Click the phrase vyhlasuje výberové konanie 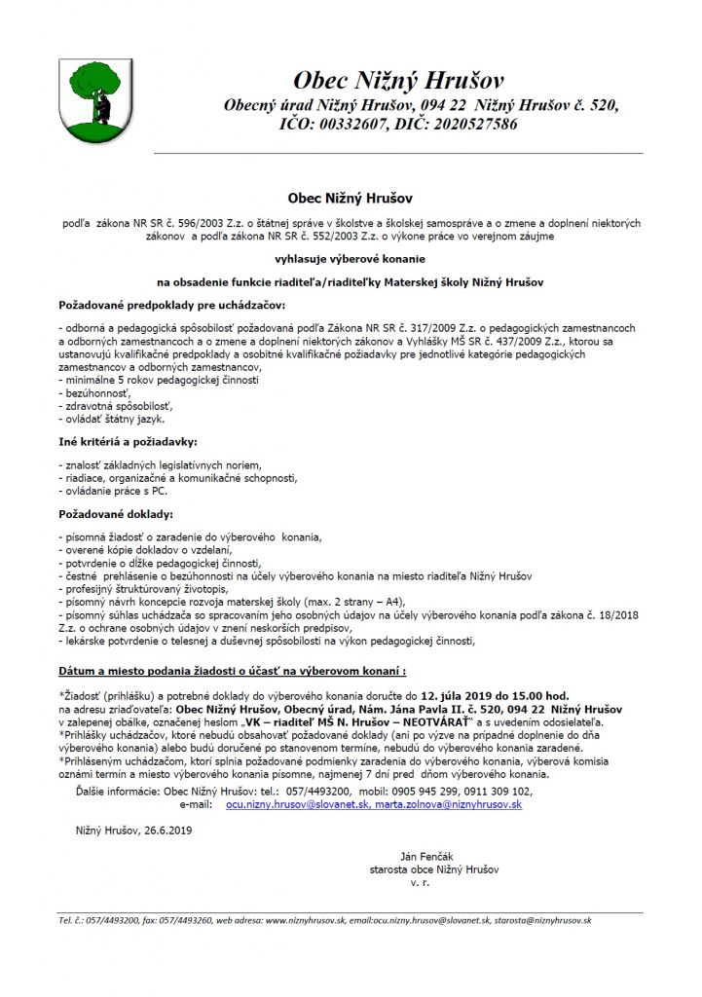click(351, 259)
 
